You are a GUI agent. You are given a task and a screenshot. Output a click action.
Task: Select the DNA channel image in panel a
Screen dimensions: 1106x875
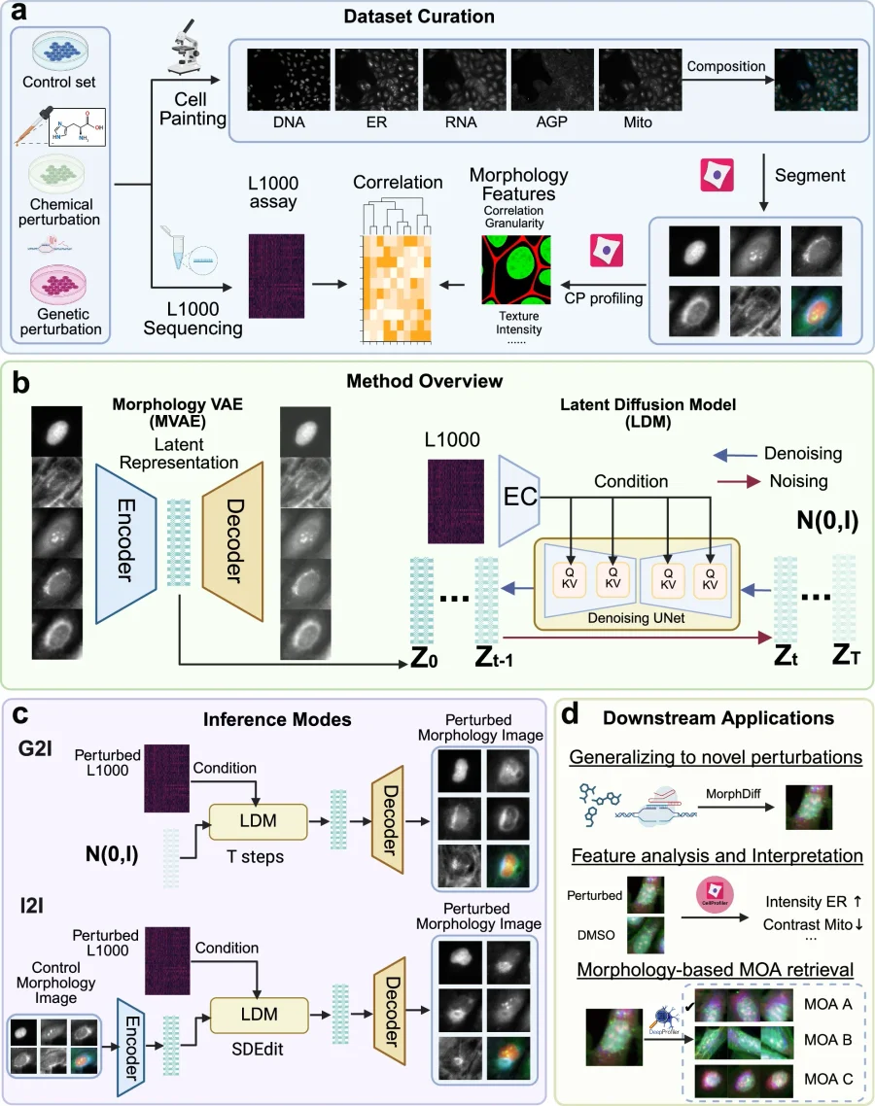tap(288, 81)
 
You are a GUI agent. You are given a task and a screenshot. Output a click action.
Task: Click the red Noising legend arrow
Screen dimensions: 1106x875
tap(736, 479)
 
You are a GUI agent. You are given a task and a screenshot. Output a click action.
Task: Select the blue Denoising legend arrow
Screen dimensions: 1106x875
tap(736, 453)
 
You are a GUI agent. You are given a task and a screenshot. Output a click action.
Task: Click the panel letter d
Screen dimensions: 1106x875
tap(572, 716)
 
